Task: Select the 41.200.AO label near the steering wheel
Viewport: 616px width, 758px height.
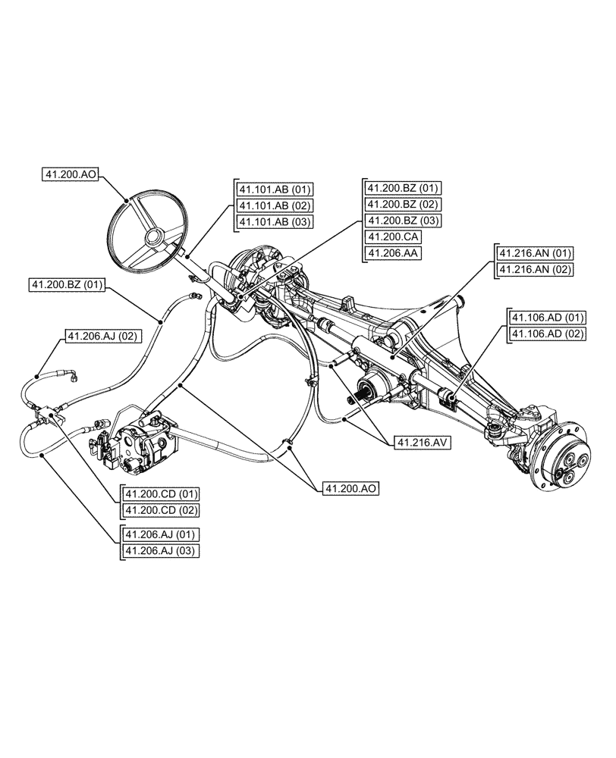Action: point(71,175)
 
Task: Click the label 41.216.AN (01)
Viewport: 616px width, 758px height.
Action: point(535,252)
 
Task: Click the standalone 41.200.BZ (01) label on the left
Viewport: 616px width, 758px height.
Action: point(68,284)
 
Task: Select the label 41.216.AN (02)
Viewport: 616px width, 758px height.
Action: point(535,269)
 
